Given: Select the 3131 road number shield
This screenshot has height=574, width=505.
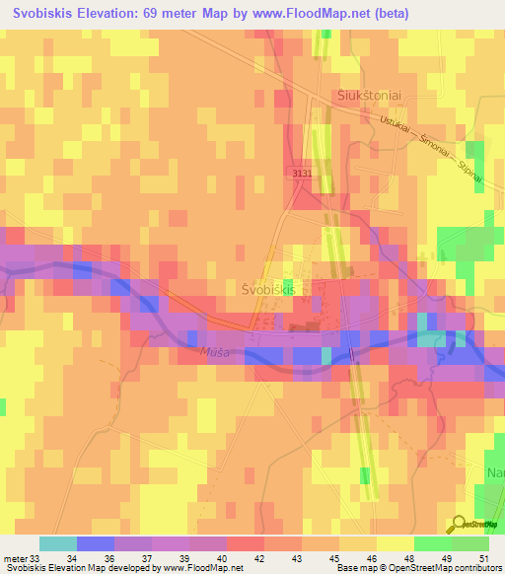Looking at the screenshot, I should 302,173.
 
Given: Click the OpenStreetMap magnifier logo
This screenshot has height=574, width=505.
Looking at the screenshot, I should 459,523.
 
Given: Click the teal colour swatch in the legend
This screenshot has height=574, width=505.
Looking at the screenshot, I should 58,543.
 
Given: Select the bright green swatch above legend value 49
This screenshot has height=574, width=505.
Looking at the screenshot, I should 433,543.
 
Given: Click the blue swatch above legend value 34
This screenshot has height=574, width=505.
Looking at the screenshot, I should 96,543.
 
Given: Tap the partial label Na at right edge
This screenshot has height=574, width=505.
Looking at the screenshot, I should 495,473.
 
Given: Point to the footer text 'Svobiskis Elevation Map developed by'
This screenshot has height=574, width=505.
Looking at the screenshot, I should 74,568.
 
